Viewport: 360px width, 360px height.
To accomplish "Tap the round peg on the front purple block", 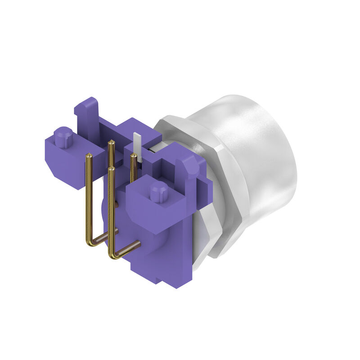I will [x=158, y=192].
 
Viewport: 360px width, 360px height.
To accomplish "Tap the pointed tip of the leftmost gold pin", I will [x=89, y=156].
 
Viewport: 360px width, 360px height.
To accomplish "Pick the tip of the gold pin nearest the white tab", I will [x=133, y=155].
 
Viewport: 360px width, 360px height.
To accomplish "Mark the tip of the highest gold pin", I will [x=111, y=143].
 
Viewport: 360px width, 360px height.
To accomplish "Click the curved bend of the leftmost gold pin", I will [x=92, y=242].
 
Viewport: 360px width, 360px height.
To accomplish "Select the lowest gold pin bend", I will [x=113, y=254].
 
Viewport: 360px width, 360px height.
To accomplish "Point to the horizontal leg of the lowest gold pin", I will [x=128, y=248].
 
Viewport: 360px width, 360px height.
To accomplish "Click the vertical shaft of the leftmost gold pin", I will [x=89, y=198].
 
